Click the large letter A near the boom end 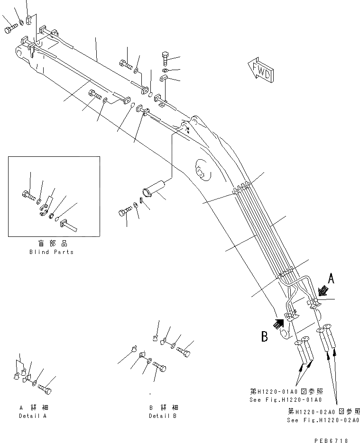click(331, 279)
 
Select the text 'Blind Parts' click(51, 252)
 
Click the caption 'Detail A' click(33, 416)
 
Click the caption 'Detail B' click(162, 416)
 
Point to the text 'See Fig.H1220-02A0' click(323, 420)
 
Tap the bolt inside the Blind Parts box click(28, 193)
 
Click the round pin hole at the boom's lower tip click(284, 335)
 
